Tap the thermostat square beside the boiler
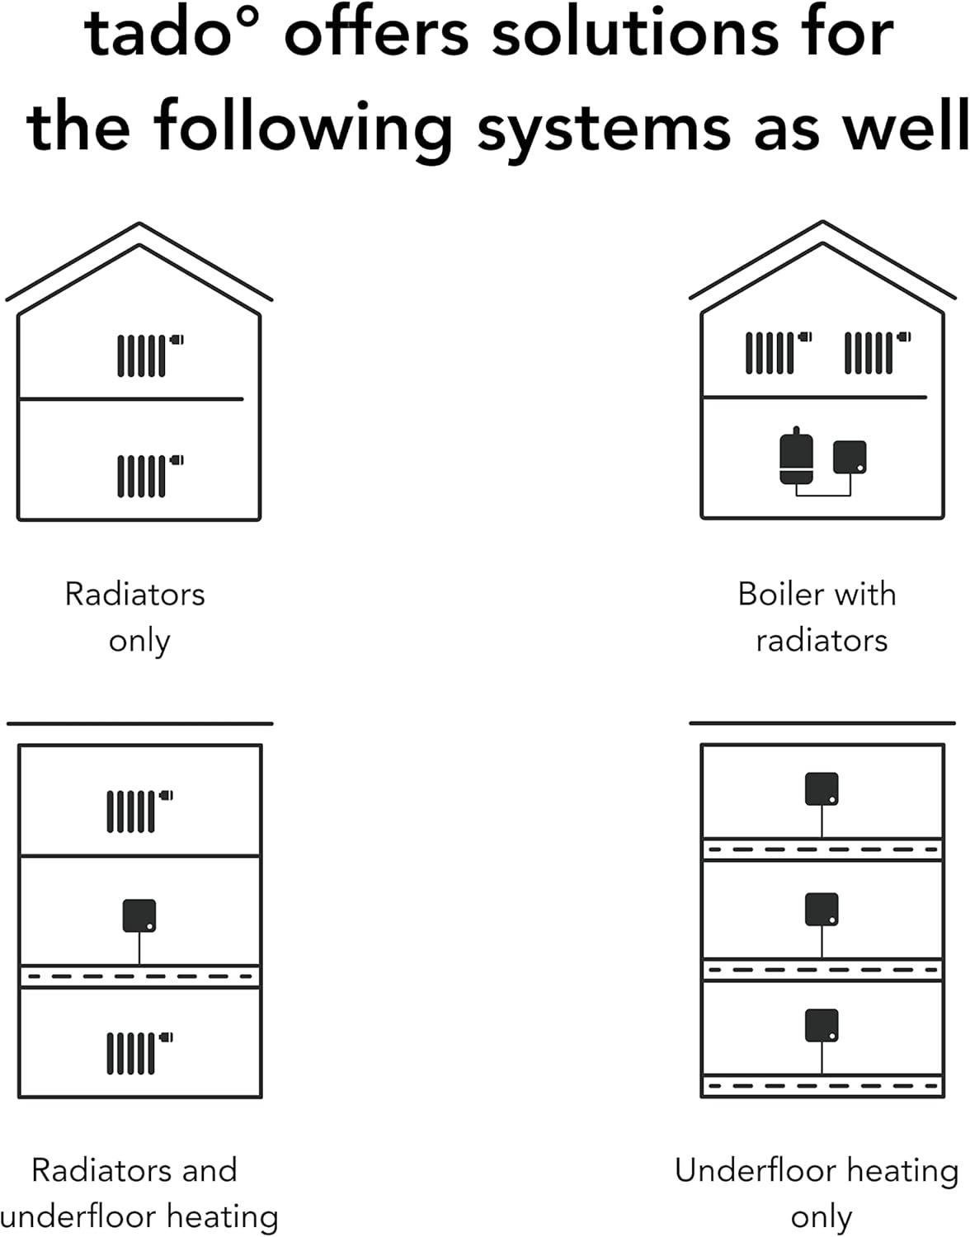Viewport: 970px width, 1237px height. (x=850, y=457)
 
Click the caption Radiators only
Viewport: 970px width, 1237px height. (x=136, y=617)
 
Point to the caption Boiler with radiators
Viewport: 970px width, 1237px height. (x=818, y=617)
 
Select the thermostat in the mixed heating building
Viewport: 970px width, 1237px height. (x=139, y=915)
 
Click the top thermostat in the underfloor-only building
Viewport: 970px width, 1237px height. (x=822, y=788)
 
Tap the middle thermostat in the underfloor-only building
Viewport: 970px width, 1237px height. (x=822, y=909)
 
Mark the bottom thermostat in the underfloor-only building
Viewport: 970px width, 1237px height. (x=822, y=1025)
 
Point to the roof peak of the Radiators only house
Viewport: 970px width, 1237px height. (x=139, y=224)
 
